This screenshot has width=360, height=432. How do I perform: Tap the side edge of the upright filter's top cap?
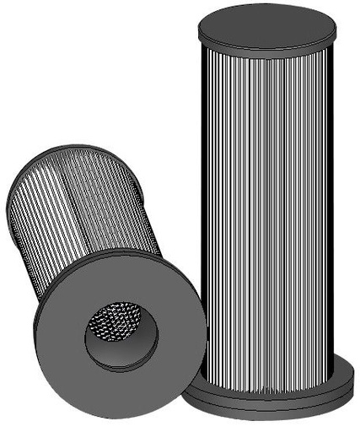click(x=266, y=43)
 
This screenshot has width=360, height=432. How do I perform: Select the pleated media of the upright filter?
click(x=278, y=211)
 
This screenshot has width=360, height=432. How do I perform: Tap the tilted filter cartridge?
click(x=101, y=270)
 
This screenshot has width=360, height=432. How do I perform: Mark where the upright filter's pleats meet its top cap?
click(x=266, y=53)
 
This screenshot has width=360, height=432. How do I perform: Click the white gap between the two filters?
click(x=181, y=127)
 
